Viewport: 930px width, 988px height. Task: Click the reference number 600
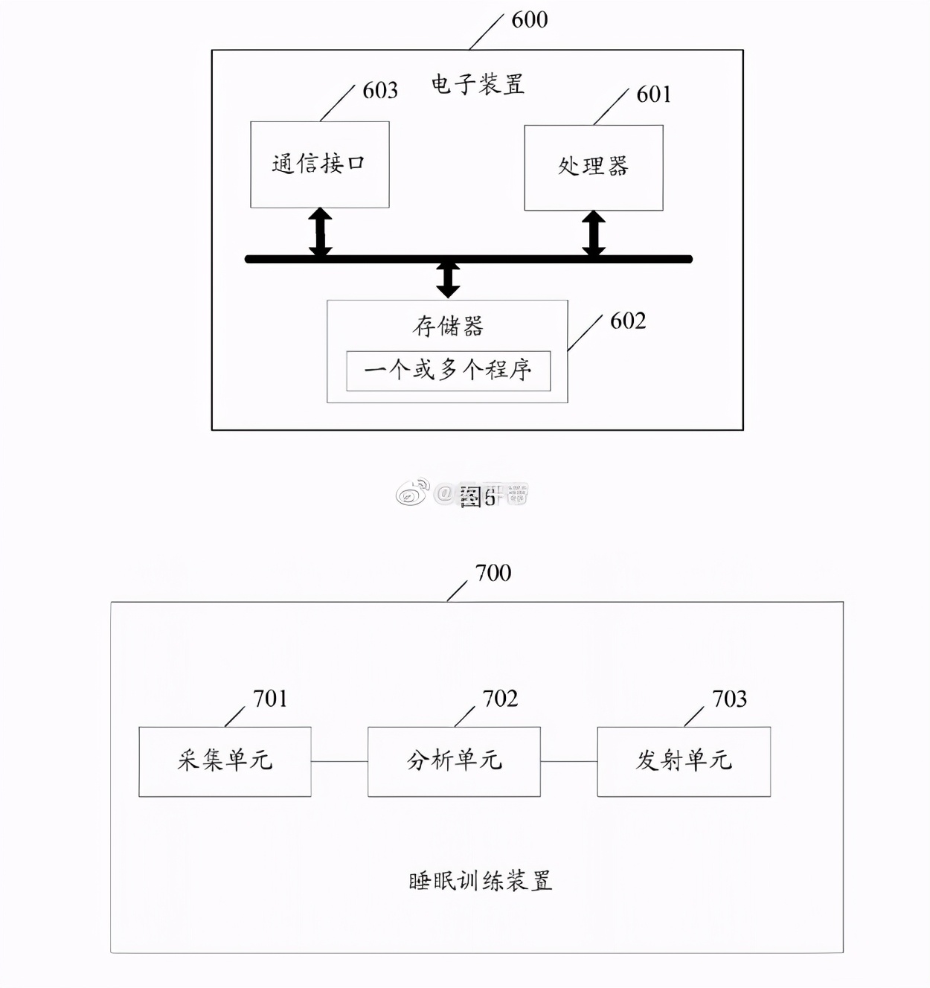[x=530, y=20]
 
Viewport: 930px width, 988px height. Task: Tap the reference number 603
[x=380, y=91]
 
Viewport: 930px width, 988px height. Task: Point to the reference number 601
[x=654, y=94]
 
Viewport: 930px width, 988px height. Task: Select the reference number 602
[x=628, y=321]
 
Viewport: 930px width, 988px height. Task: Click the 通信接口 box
[x=319, y=164]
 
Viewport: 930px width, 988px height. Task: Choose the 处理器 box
[x=593, y=167]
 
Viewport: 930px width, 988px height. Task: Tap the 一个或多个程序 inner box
[x=448, y=370]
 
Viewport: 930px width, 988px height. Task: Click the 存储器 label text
[x=448, y=326]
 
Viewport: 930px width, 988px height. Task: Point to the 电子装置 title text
[x=478, y=84]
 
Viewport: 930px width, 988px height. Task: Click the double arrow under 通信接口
[x=321, y=233]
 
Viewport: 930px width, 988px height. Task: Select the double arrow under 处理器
[x=593, y=234]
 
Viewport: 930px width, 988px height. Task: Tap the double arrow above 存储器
[x=448, y=279]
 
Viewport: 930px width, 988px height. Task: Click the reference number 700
[x=493, y=573]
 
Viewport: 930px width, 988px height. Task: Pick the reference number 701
[x=270, y=699]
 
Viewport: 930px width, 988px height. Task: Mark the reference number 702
[x=500, y=699]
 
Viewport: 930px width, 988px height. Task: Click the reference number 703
[x=729, y=699]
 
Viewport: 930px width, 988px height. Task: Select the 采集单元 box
[x=225, y=761]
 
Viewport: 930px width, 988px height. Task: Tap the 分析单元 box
[x=454, y=761]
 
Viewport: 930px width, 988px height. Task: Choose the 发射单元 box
[x=684, y=761]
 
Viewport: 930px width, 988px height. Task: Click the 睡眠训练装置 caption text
[x=481, y=882]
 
